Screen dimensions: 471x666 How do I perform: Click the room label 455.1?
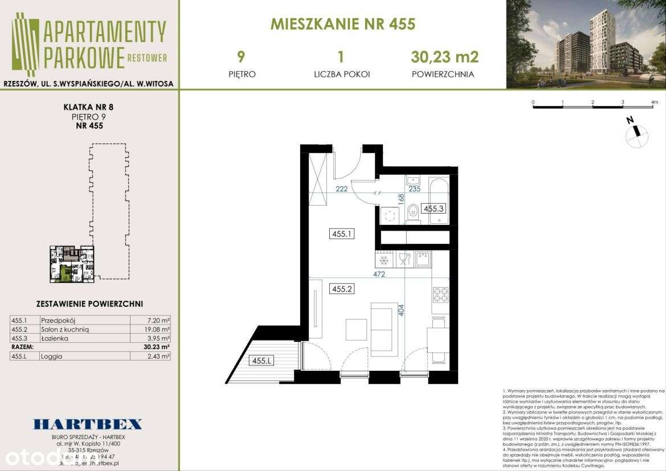click(x=343, y=233)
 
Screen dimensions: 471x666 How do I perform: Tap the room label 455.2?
click(x=343, y=289)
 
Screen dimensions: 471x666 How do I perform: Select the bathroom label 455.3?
click(x=434, y=208)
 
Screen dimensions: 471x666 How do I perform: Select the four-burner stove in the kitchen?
click(x=440, y=294)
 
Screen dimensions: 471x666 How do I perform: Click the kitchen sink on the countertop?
click(x=423, y=259)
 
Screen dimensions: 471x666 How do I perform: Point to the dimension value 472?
click(x=379, y=275)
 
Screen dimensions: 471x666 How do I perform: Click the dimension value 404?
click(x=401, y=310)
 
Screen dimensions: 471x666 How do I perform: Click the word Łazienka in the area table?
click(x=55, y=338)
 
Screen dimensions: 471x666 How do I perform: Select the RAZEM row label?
click(x=23, y=346)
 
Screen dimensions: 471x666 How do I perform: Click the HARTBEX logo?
click(x=87, y=424)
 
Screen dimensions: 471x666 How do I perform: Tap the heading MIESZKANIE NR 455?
click(x=342, y=24)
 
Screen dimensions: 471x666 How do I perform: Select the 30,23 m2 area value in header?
click(x=444, y=57)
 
